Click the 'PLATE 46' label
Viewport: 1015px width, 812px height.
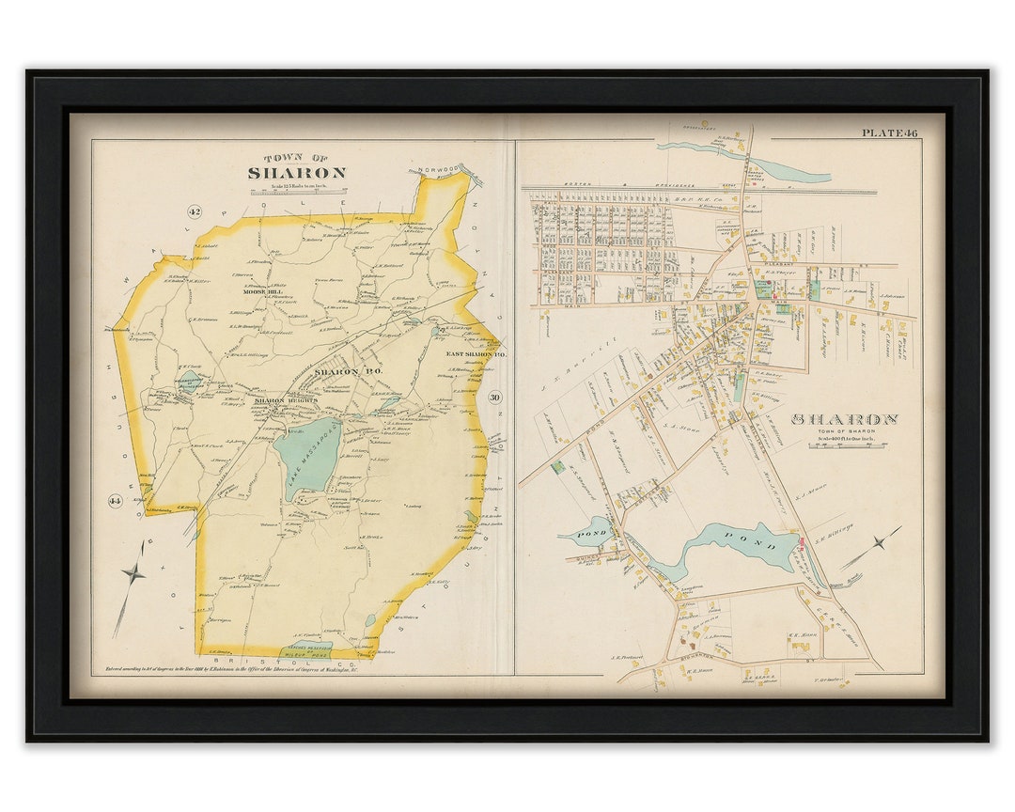point(889,133)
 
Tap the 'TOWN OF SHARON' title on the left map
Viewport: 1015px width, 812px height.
point(297,168)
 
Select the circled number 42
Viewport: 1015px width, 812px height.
point(195,212)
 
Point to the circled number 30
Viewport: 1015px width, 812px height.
point(495,398)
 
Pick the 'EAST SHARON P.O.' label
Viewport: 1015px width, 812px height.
point(463,353)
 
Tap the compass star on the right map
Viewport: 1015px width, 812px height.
point(878,542)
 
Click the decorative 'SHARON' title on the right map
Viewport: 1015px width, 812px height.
point(844,419)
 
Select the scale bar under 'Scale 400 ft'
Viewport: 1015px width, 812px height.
point(843,449)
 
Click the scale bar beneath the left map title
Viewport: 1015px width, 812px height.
point(297,191)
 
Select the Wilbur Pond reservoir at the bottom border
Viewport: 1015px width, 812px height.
point(305,650)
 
